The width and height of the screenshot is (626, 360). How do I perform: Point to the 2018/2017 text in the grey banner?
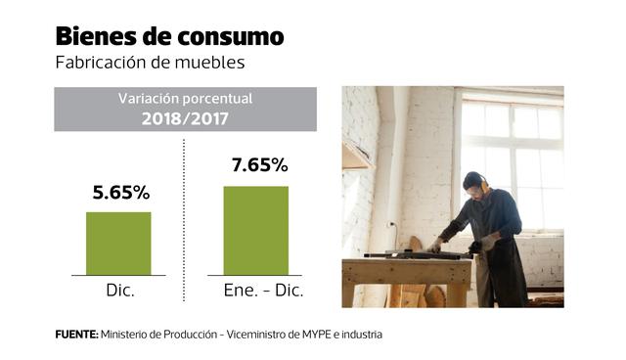185,118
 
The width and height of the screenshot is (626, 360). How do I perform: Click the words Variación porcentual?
185,100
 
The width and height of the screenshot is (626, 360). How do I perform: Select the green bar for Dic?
118,244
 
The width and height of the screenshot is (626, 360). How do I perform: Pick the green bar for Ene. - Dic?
255,231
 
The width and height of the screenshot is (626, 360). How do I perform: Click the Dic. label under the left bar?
119,292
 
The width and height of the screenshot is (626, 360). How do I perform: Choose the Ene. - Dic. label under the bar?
255,292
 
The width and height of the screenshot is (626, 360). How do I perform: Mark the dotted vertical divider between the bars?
184,225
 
